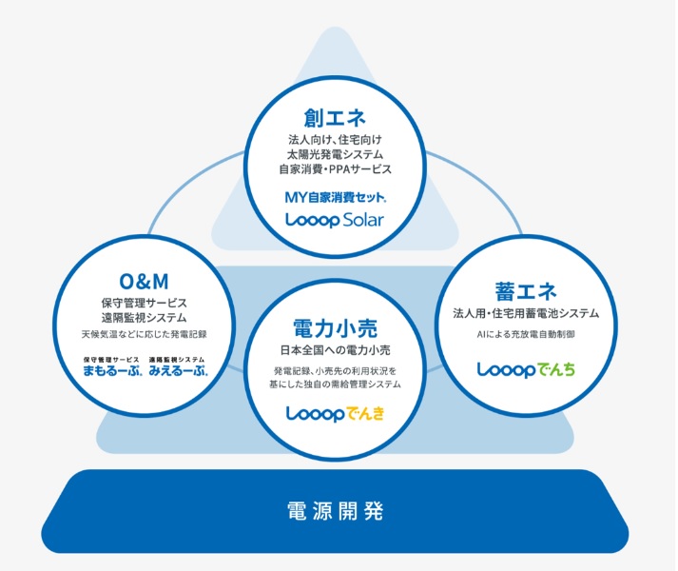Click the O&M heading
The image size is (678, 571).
pyautogui.click(x=144, y=280)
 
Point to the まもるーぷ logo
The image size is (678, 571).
pyautogui.click(x=112, y=365)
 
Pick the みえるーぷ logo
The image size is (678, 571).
pyautogui.click(x=178, y=365)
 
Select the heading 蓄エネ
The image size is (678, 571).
pyautogui.click(x=526, y=290)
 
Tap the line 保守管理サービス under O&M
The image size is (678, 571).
pyautogui.click(x=144, y=302)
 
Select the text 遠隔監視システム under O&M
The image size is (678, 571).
pyautogui.click(x=144, y=317)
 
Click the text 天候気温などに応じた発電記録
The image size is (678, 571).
pyautogui.click(x=144, y=335)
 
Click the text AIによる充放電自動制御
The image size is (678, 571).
pyautogui.click(x=526, y=335)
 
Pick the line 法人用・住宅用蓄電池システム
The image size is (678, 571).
pyautogui.click(x=526, y=313)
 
